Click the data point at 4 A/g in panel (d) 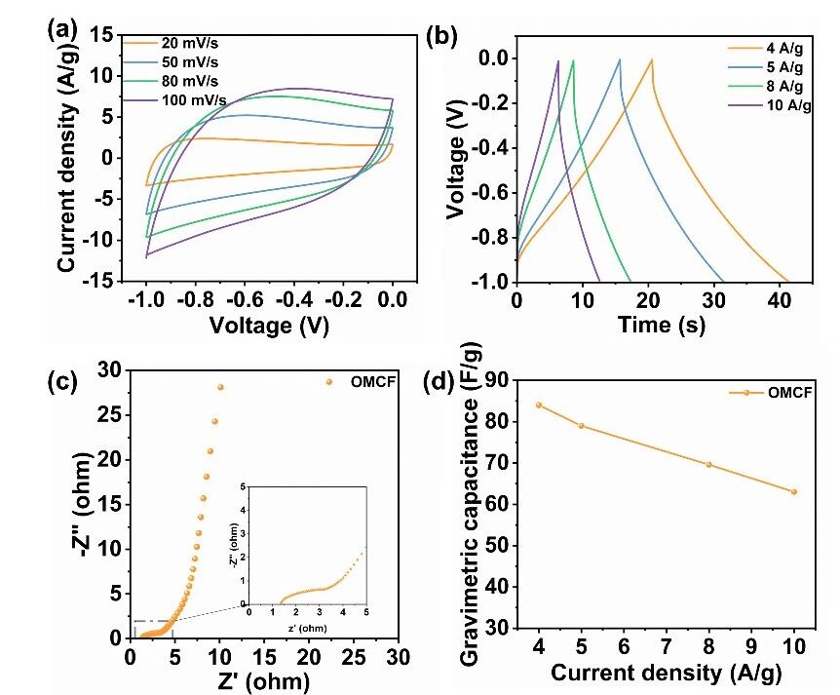click(539, 405)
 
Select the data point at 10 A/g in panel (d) click(794, 491)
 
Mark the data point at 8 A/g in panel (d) click(709, 464)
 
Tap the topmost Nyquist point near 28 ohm click(220, 387)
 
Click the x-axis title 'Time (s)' click(661, 326)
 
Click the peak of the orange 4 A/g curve click(652, 59)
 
